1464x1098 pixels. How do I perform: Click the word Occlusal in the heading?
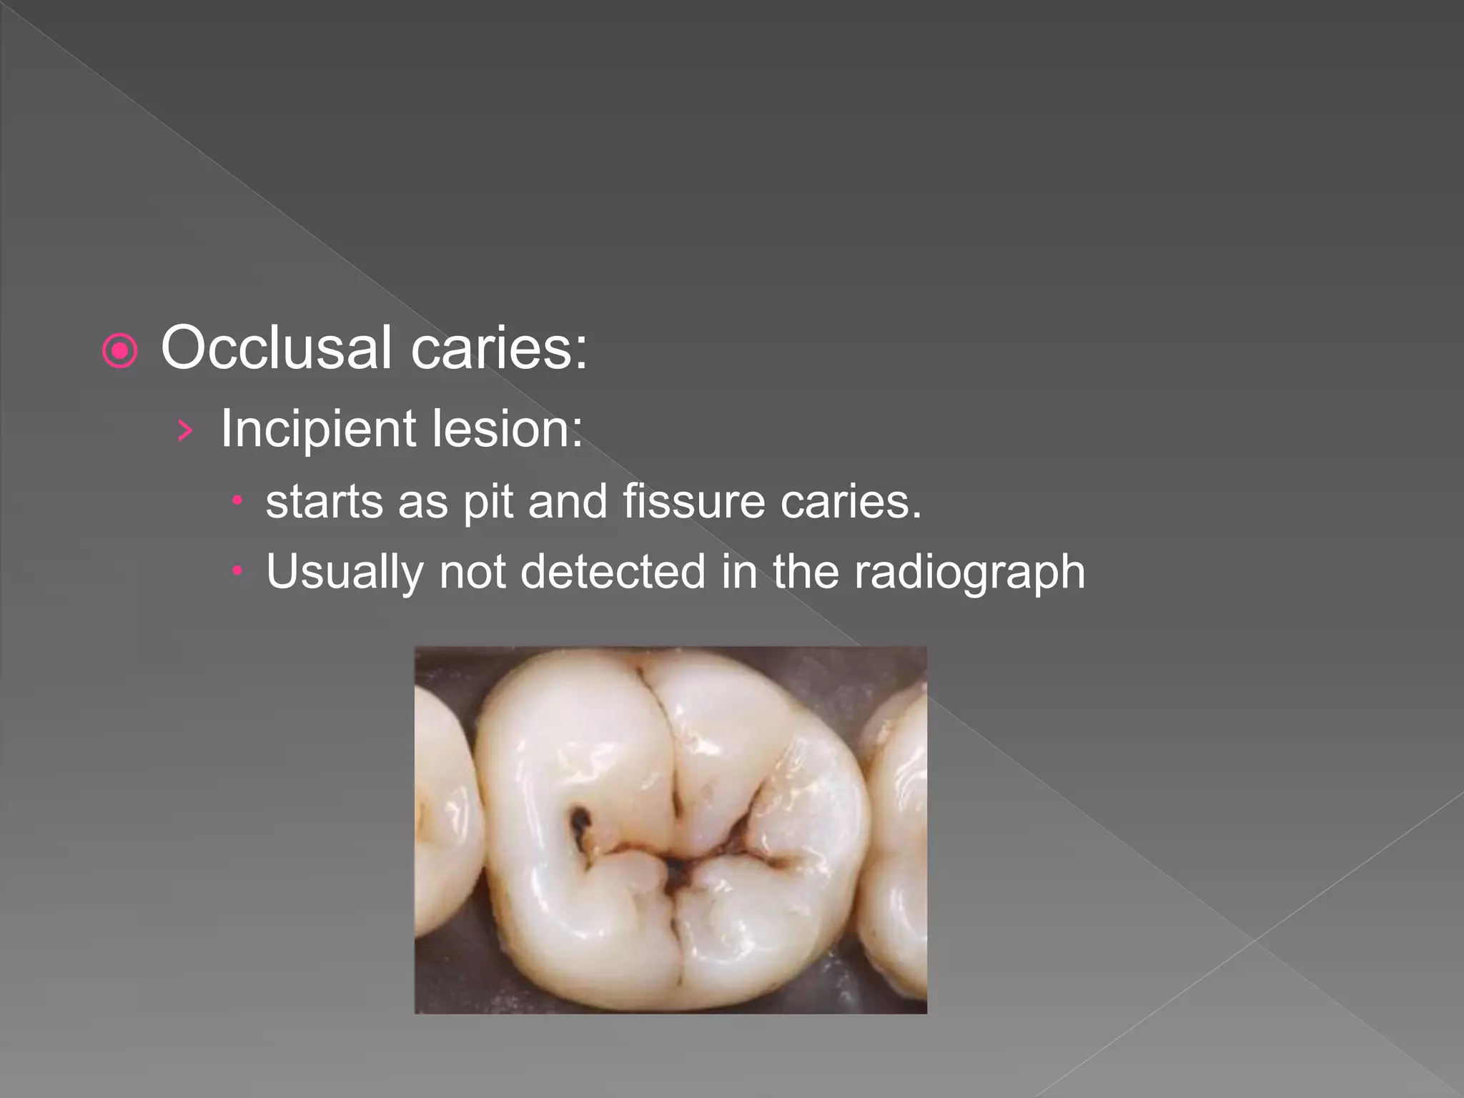pos(276,348)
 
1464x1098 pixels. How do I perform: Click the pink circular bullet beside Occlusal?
pos(119,351)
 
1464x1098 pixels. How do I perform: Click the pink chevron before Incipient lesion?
pos(185,430)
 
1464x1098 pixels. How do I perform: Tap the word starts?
pos(324,501)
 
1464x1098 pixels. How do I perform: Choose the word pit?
pos(488,503)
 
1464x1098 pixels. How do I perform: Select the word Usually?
pos(345,573)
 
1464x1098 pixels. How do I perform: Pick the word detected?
pos(613,572)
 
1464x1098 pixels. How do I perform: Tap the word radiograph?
pos(969,573)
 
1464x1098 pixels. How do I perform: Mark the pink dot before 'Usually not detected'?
pos(238,571)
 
